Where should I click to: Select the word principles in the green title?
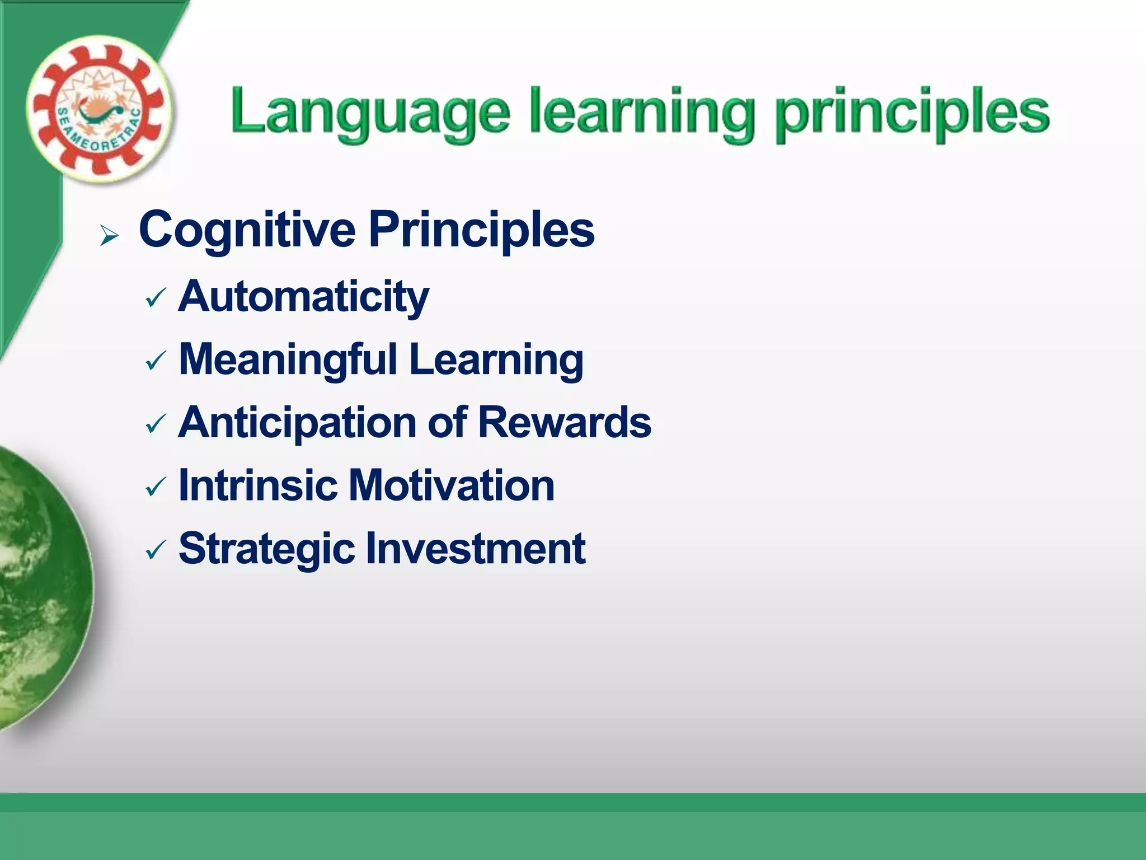(913, 112)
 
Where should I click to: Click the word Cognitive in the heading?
(247, 229)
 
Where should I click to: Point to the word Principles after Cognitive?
(481, 229)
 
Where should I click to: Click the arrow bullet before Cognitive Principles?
(109, 236)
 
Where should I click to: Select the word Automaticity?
(303, 297)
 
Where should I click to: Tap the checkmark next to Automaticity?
(155, 299)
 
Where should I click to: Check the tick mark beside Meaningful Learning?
(155, 362)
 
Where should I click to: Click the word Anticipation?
(297, 422)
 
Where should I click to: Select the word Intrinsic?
(257, 485)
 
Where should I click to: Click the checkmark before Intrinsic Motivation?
(155, 487)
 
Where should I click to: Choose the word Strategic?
(266, 549)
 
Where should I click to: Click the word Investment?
(475, 549)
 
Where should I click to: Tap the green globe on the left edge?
(39, 588)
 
